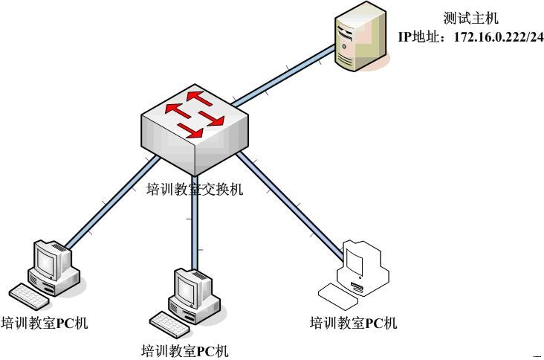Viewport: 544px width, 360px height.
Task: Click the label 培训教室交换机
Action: [x=195, y=189]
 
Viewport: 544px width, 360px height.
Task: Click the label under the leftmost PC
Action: [x=45, y=324]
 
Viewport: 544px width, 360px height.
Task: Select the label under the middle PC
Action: [x=185, y=350]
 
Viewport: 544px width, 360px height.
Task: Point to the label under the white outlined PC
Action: [x=353, y=322]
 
